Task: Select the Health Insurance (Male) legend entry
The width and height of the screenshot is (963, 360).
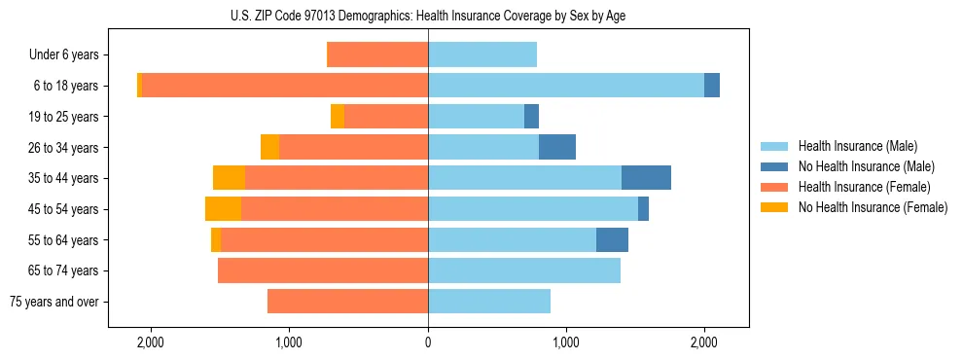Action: pos(857,146)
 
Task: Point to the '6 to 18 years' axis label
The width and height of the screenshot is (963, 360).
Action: pos(66,86)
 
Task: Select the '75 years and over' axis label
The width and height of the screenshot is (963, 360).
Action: pos(53,302)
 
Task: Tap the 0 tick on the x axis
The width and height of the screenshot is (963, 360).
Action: pos(428,342)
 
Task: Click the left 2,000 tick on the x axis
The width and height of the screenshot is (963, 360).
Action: pos(151,342)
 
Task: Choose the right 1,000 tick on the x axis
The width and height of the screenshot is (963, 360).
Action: pos(566,342)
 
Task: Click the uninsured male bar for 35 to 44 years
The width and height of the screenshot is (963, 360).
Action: pos(646,178)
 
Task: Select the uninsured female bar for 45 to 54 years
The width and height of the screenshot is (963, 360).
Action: pos(223,209)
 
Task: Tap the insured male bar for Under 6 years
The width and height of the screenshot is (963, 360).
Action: pos(482,54)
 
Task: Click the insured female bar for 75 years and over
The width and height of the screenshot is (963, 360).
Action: pos(347,302)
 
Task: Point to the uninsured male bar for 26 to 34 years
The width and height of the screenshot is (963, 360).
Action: pos(557,147)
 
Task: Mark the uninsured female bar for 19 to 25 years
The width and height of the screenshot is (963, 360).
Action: pos(338,117)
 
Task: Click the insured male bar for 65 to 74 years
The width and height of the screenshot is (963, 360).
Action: pos(524,270)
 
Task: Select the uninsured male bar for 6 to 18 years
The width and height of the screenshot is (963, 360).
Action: pos(712,86)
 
